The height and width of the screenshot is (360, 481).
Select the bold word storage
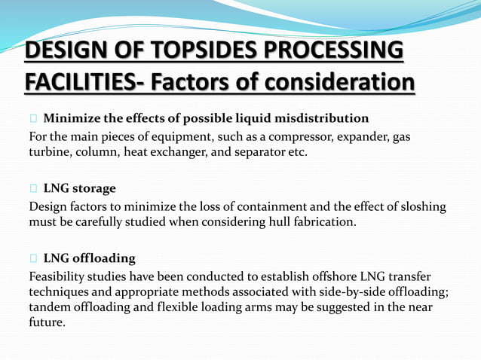click(94, 188)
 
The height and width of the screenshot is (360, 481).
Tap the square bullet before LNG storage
click(33, 188)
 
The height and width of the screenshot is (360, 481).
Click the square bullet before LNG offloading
click(33, 258)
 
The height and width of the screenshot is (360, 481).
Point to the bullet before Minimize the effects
click(33, 118)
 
